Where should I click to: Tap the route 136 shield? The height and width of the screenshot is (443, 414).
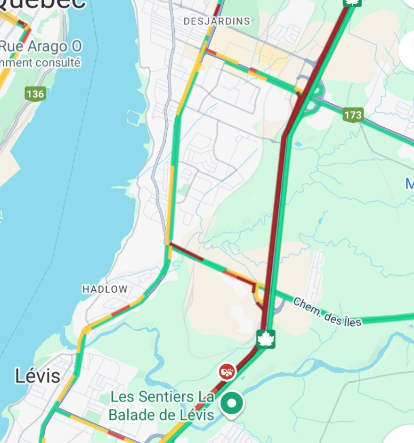coord(35,94)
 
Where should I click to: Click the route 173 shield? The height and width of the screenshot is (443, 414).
coord(353,114)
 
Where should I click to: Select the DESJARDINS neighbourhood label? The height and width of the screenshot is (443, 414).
coord(216,21)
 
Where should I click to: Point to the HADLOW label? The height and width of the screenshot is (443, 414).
coord(105,289)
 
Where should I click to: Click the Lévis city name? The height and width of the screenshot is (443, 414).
coord(37,376)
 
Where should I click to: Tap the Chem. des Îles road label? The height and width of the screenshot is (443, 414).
coord(327,312)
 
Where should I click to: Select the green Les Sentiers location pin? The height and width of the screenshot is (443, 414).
coord(231,404)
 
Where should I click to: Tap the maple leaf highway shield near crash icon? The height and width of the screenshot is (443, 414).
coord(265,339)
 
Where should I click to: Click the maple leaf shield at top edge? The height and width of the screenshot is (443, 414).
coord(351,3)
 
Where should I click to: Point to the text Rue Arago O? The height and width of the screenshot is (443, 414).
coord(40,46)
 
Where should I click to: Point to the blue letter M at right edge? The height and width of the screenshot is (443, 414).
coord(409,184)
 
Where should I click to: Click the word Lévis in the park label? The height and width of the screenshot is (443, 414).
coord(196,415)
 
